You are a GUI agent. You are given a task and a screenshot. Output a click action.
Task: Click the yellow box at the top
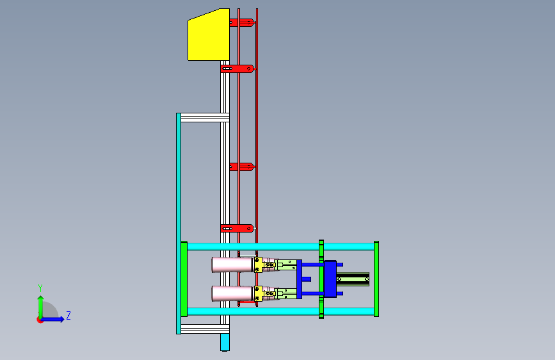209,35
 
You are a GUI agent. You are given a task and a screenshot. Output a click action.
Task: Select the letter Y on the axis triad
40,288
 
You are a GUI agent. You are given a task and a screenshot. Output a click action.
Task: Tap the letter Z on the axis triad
68,315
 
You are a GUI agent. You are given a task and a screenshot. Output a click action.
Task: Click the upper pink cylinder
232,265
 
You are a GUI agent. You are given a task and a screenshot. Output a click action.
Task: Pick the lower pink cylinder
232,293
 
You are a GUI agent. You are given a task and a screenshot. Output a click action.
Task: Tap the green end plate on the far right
376,279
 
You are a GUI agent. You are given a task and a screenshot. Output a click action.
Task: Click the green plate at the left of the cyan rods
184,279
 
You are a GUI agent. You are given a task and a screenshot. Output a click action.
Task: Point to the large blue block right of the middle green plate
330,279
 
